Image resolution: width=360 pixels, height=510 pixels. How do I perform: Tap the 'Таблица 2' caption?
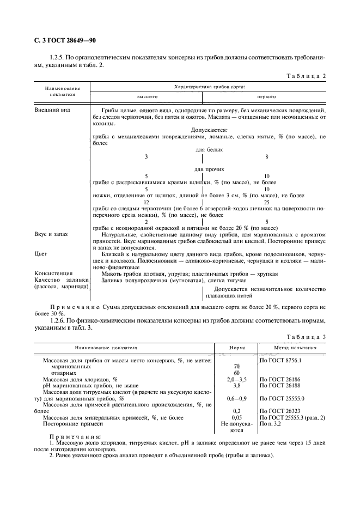pyautogui.click(x=306, y=76)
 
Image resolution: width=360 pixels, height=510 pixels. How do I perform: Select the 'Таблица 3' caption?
pyautogui.click(x=306, y=337)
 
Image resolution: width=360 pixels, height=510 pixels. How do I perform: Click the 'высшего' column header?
pyautogui.click(x=147, y=96)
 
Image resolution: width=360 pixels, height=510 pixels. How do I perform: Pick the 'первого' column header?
pyautogui.click(x=266, y=96)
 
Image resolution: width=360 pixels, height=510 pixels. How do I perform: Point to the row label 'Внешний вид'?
pyautogui.click(x=51, y=110)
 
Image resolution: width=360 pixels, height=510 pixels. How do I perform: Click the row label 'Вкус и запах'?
pyautogui.click(x=52, y=234)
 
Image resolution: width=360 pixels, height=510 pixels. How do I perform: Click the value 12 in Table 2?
pyautogui.click(x=147, y=202)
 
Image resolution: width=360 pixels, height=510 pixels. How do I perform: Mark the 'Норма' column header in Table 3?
pyautogui.click(x=237, y=347)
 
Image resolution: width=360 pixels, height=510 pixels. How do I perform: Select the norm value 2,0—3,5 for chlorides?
pyautogui.click(x=237, y=378)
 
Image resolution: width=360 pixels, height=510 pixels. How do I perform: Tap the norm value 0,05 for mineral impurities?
pyautogui.click(x=237, y=417)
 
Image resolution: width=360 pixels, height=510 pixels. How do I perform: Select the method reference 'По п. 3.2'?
pyautogui.click(x=271, y=423)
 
